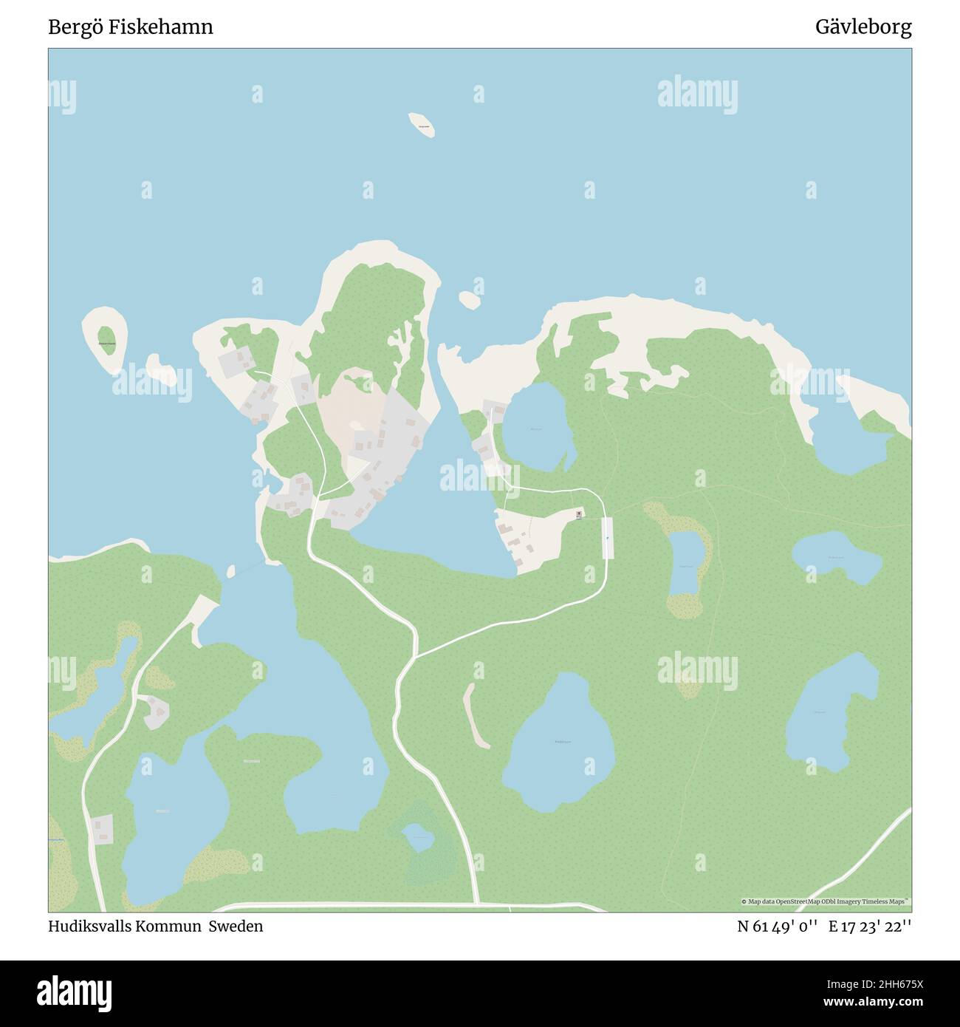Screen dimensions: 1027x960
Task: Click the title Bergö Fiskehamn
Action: (131, 27)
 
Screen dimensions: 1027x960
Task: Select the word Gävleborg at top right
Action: (863, 27)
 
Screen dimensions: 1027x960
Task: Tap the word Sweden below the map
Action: (235, 926)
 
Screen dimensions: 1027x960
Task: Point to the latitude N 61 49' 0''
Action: (777, 926)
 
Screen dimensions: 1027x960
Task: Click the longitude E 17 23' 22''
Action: (870, 926)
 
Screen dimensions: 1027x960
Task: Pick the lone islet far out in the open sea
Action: (421, 125)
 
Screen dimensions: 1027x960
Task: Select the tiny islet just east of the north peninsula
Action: (468, 299)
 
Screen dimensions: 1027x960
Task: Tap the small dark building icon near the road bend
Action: (579, 513)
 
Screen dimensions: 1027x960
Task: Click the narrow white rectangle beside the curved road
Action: (608, 537)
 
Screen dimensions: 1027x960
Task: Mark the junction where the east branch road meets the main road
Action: (416, 655)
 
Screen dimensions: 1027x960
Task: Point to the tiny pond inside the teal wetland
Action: (419, 838)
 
